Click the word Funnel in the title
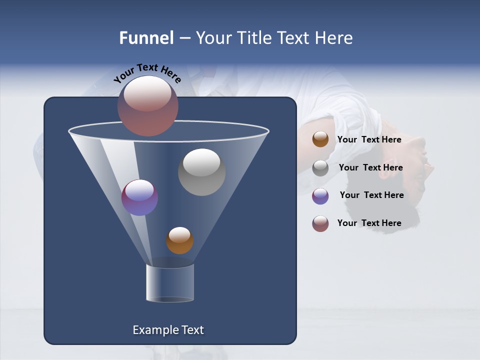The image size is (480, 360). (x=146, y=38)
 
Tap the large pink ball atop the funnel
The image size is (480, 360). (x=147, y=105)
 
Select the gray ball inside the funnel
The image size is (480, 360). (x=201, y=172)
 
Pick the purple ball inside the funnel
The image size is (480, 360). (x=139, y=197)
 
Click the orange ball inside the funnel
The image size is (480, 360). (x=179, y=240)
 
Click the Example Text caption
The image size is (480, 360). (x=168, y=330)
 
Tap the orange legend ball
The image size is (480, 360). (x=320, y=139)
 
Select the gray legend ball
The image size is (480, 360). (x=320, y=168)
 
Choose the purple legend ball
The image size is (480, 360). (x=320, y=196)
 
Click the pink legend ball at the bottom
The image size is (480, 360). (x=320, y=223)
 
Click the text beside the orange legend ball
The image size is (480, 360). (x=369, y=139)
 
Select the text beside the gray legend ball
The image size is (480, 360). (x=370, y=167)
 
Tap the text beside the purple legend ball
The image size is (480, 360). (x=371, y=195)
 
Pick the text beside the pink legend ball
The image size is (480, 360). (x=369, y=223)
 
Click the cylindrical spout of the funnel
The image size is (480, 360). (x=169, y=283)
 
